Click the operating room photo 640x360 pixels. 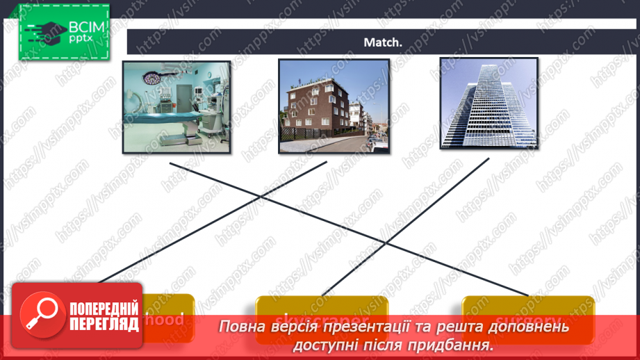click(176, 106)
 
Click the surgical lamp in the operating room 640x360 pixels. click(151, 78)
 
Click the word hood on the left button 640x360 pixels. click(169, 319)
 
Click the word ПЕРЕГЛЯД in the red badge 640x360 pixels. click(102, 324)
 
